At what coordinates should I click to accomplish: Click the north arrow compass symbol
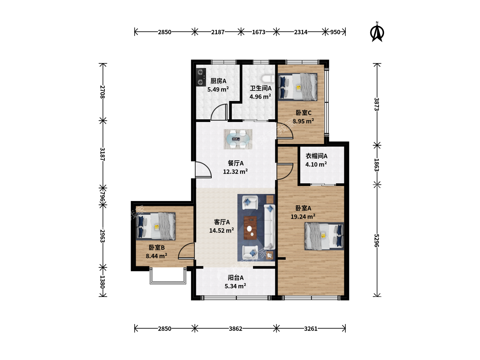click(377, 32)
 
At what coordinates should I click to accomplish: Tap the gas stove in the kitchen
click(201, 77)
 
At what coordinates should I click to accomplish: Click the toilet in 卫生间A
click(268, 79)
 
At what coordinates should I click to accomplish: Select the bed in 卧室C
click(297, 87)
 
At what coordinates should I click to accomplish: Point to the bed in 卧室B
click(155, 226)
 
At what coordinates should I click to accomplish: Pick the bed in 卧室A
click(324, 236)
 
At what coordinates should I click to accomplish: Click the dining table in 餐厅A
click(238, 139)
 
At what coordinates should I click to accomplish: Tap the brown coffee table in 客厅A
click(250, 228)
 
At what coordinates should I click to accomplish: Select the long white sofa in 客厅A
click(269, 227)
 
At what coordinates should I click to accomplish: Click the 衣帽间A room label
click(316, 156)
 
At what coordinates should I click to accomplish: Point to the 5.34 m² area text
click(235, 286)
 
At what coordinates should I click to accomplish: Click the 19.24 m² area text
click(303, 216)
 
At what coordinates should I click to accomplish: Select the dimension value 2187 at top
click(218, 32)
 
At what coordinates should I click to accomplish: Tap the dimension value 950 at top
click(335, 32)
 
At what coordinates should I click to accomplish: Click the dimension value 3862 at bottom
click(236, 329)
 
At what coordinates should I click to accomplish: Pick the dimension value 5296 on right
click(376, 240)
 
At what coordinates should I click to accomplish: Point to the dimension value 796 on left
click(102, 197)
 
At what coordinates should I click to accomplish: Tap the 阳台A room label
click(236, 278)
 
